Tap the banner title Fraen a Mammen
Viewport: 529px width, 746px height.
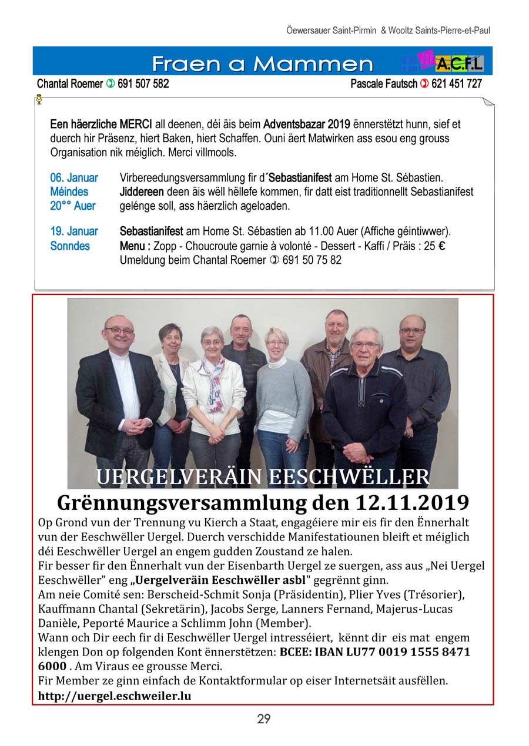(262, 63)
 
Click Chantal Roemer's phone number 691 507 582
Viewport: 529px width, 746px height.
(143, 84)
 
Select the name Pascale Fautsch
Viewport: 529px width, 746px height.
(384, 84)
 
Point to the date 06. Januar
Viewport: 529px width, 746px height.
(74, 177)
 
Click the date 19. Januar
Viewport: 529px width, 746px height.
(74, 231)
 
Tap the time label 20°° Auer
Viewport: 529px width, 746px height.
(73, 206)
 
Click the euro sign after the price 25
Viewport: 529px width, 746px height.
(441, 246)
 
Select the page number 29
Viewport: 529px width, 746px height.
(263, 718)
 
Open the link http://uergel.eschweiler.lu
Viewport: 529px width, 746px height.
(115, 696)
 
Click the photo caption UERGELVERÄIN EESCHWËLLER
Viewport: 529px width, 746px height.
(263, 476)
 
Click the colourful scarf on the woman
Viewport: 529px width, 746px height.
(215, 382)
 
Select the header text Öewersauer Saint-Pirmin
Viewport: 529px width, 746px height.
(331, 30)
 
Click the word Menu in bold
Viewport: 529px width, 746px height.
(132, 246)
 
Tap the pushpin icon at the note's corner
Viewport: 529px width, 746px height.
(39, 100)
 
